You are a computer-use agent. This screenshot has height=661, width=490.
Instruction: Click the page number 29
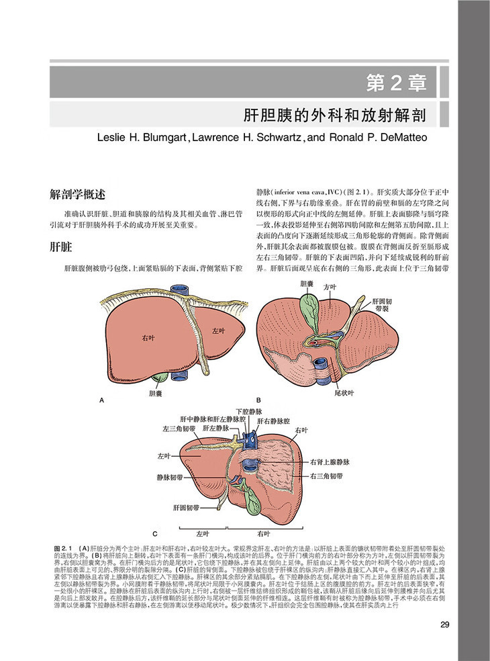(444, 625)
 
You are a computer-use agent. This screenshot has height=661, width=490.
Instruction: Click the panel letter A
(103, 400)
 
